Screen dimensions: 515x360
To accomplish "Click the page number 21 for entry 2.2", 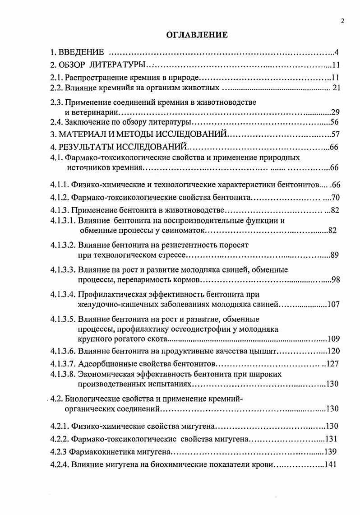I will point(336,87).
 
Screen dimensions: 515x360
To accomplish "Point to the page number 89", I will point(334,255).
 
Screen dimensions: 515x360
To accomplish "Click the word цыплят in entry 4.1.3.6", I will point(263,351).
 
